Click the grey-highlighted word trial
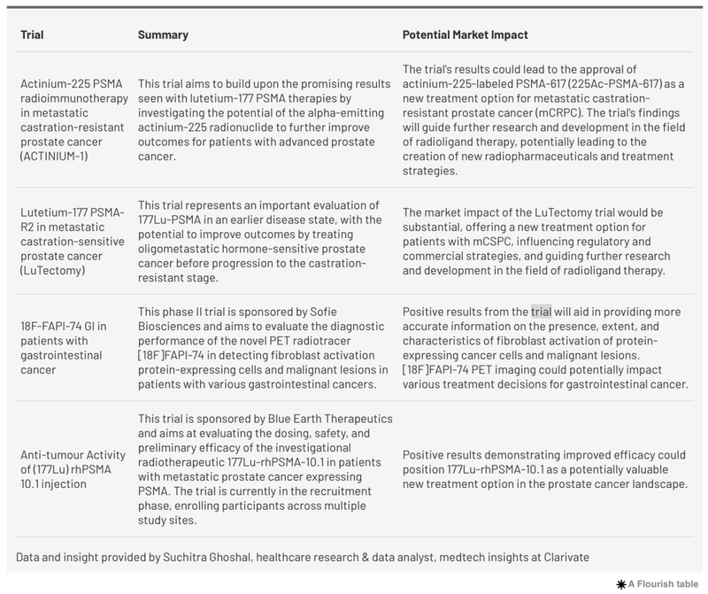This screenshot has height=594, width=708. tap(540, 312)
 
